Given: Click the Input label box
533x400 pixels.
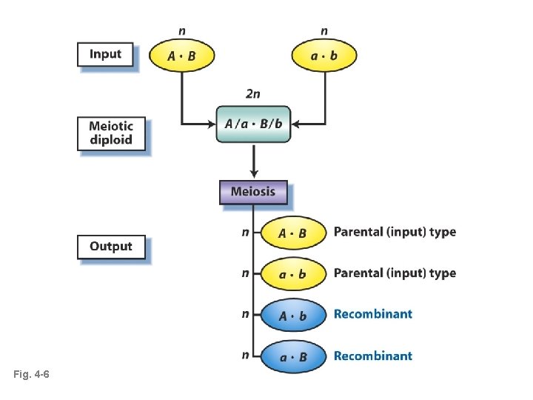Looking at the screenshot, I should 105,54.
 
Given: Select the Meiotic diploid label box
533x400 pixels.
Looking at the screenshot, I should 111,133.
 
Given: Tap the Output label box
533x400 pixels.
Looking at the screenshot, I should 110,247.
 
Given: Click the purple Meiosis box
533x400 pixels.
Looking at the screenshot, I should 252,192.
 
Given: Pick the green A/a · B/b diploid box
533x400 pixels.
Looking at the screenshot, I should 253,124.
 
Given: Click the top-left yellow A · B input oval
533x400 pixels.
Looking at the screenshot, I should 182,56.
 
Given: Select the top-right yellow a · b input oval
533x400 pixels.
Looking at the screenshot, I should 324,56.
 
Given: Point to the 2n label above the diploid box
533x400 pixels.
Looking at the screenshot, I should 252,94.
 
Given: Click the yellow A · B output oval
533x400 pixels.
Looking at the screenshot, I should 292,233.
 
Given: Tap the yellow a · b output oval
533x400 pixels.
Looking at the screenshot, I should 292,274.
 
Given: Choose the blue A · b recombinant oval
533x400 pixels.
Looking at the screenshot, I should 292,316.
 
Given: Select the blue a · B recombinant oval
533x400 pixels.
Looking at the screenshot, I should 292,356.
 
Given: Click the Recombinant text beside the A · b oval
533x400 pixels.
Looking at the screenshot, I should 373,314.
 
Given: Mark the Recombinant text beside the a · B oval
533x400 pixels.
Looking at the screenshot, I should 373,356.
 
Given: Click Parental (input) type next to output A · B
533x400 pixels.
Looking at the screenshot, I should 395,233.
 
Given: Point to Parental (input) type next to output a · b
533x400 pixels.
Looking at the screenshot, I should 395,273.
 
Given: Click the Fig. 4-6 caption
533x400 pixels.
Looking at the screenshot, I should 31,376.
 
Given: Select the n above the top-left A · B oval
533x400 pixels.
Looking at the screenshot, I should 182,31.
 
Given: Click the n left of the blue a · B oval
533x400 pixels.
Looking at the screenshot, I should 245,356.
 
